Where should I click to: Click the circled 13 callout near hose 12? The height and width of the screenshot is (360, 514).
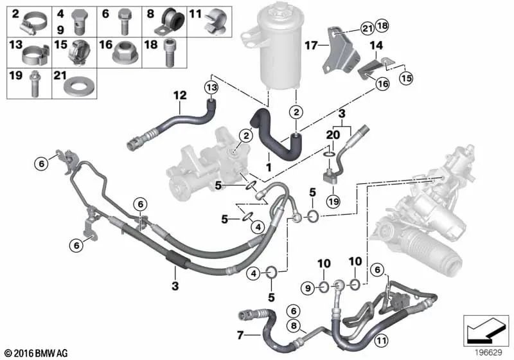[x=211, y=87]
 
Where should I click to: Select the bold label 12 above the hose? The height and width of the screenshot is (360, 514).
[x=180, y=96]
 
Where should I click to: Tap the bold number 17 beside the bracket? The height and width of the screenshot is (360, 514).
[x=311, y=46]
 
